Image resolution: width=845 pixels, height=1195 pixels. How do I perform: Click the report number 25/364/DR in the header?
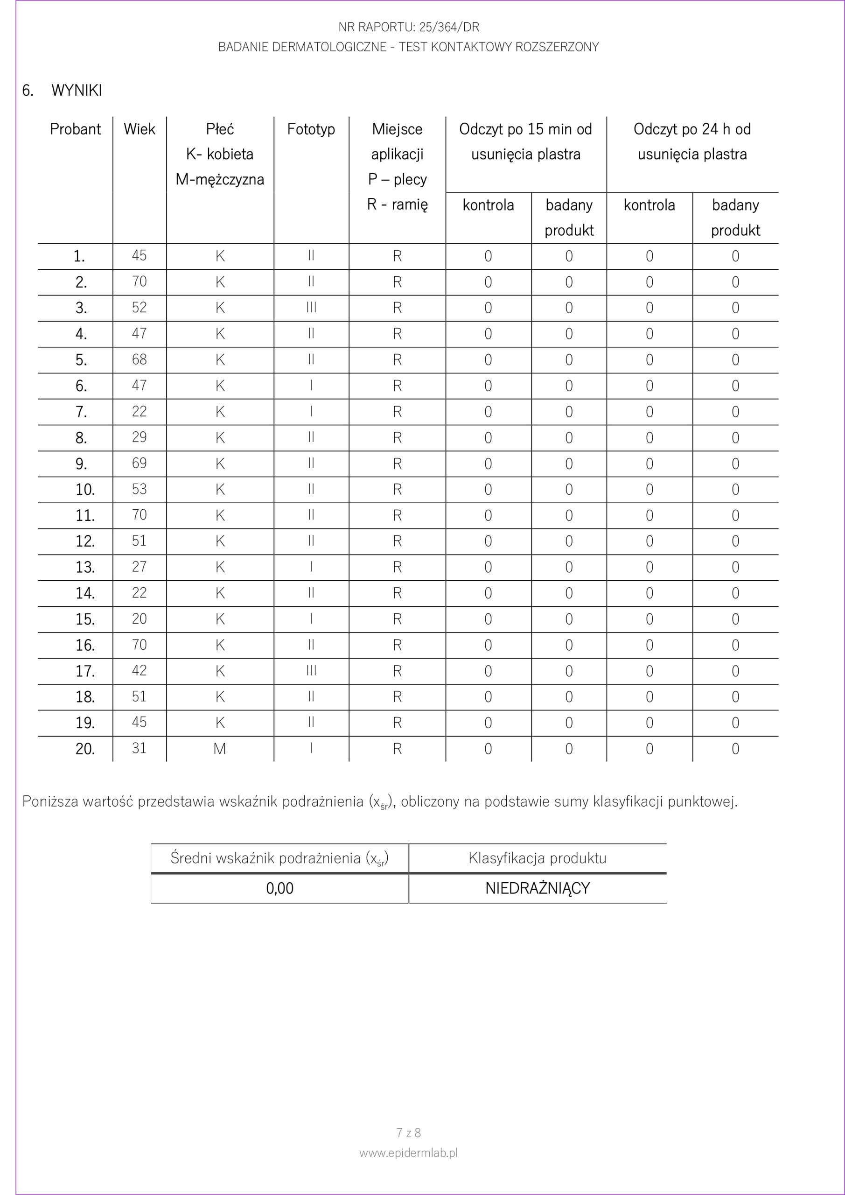coord(450,27)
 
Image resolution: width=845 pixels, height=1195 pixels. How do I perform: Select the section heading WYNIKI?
coord(77,91)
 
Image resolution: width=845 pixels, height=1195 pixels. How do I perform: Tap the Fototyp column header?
coord(311,129)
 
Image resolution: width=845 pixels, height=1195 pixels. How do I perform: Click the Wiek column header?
coord(140,129)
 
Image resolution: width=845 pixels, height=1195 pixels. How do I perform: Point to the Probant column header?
coord(76,129)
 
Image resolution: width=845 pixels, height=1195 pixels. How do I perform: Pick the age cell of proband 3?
coord(140,308)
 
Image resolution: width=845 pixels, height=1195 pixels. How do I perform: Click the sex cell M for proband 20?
coord(220,748)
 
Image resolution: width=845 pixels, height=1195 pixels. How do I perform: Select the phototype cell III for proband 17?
coord(311,670)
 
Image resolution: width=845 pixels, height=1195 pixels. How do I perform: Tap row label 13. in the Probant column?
coord(85,567)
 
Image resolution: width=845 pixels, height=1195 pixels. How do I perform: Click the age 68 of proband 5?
coord(140,359)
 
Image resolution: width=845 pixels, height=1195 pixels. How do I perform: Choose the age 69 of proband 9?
coord(140,463)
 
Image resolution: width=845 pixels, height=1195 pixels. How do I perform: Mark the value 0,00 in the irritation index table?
coord(279,888)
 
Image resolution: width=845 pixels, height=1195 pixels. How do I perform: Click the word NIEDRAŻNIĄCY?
coord(538,888)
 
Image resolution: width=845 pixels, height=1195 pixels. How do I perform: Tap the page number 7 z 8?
coord(408,1132)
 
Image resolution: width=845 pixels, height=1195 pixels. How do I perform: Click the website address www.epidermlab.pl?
coord(408,1153)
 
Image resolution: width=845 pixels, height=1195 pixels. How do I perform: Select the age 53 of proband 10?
coord(140,489)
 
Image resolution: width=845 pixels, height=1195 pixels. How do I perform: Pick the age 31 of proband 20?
coord(140,748)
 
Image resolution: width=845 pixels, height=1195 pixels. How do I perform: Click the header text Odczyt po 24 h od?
coord(692,129)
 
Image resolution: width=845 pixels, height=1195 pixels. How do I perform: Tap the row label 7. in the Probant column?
coord(81,412)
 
